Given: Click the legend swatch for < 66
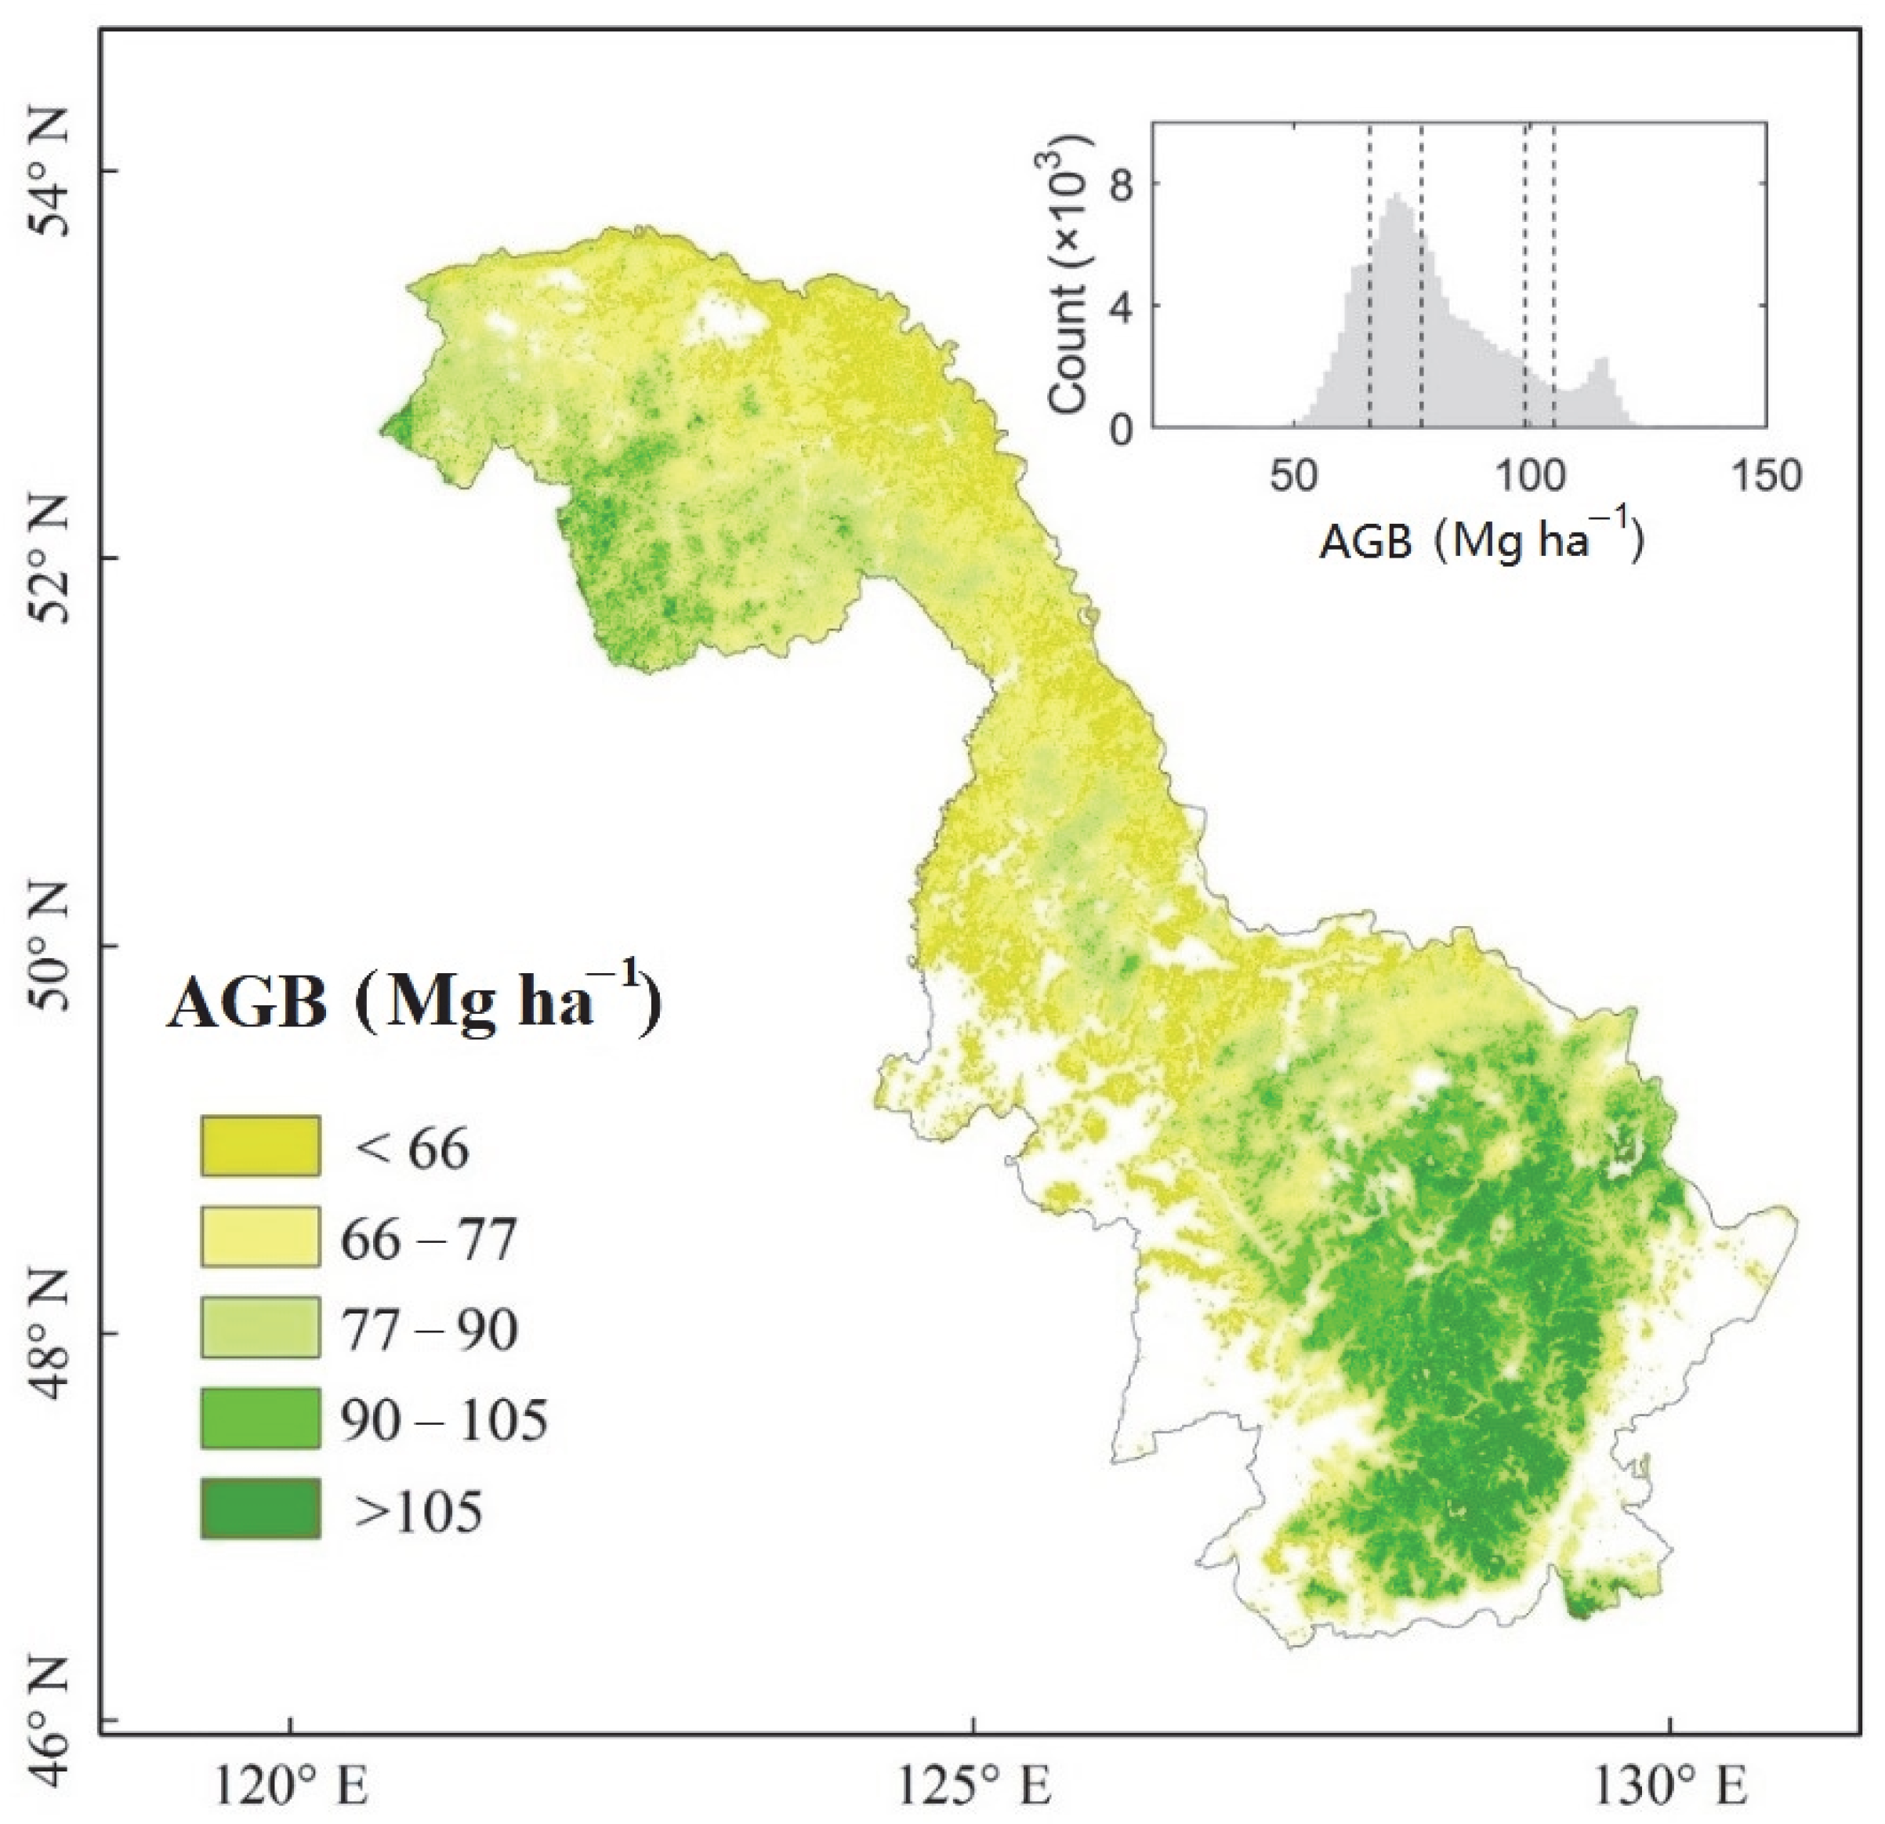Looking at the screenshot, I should coord(259,1146).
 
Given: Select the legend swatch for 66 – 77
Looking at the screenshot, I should coord(259,1236).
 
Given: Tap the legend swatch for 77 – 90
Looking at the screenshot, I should coord(259,1327).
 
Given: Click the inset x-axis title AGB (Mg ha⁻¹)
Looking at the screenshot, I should coord(1482,542).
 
